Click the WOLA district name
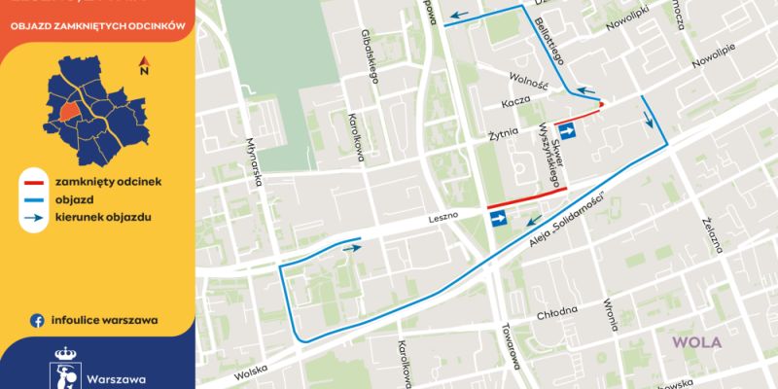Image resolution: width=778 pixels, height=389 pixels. tap(700, 343)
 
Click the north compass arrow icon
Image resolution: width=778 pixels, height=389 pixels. tap(143, 66)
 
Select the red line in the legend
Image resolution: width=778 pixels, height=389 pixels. tap(36, 181)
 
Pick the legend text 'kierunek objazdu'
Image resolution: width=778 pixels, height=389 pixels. tap(102, 215)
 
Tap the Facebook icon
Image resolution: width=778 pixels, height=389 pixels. tap(37, 319)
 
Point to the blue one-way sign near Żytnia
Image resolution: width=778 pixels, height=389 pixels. tap(572, 129)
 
